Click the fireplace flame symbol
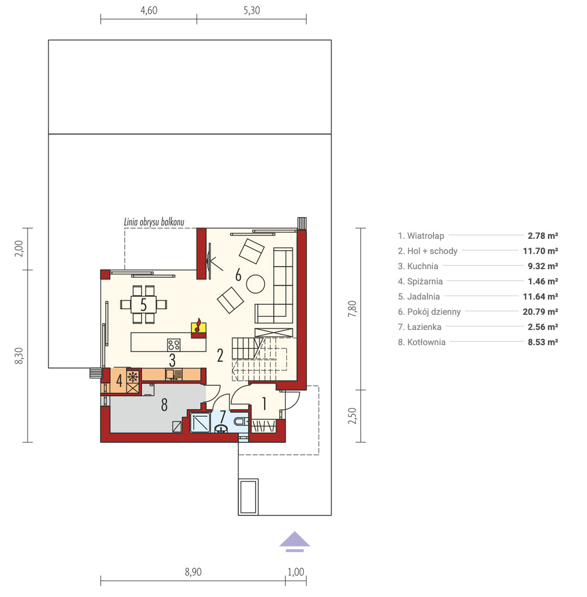point(198,326)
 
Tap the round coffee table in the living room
point(256,284)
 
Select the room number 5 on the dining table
point(144,304)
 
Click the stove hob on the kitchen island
point(174,345)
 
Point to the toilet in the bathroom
point(241,422)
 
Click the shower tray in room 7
point(200,422)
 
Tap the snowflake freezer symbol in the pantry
point(133,377)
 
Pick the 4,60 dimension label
point(149,10)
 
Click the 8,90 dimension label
point(193,572)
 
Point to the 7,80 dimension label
point(353,309)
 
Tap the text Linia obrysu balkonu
point(154,222)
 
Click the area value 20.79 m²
point(540,312)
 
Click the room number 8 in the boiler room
point(164,405)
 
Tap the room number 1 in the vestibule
point(264,404)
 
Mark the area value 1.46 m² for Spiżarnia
point(543,281)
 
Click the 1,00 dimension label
point(296,572)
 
